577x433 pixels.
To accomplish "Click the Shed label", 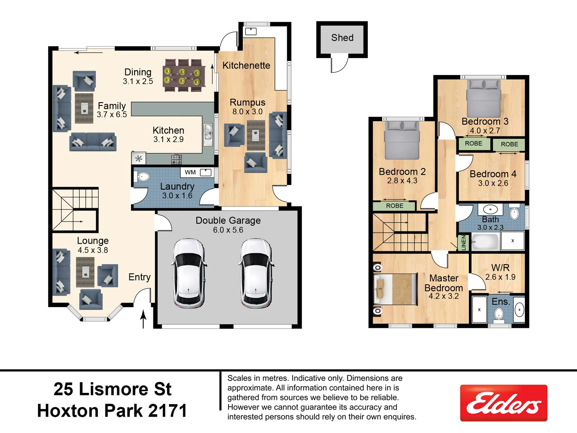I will (x=342, y=38).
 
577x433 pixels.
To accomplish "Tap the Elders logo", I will (x=504, y=403).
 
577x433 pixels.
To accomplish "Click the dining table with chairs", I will (x=184, y=74).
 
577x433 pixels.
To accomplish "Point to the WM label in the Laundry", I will (x=190, y=172).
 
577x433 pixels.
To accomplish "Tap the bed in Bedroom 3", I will (x=484, y=98).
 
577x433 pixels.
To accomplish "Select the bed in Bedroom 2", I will (x=401, y=140).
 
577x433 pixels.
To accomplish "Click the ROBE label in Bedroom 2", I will (x=395, y=206).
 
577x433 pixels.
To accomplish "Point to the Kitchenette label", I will (x=246, y=65).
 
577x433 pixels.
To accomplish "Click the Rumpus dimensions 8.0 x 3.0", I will (x=248, y=112).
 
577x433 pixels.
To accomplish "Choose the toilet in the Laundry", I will (x=142, y=177).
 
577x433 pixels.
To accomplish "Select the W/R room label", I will (x=500, y=268).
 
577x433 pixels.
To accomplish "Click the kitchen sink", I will (x=208, y=134).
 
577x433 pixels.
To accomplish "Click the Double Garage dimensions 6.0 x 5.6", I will (x=228, y=230).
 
